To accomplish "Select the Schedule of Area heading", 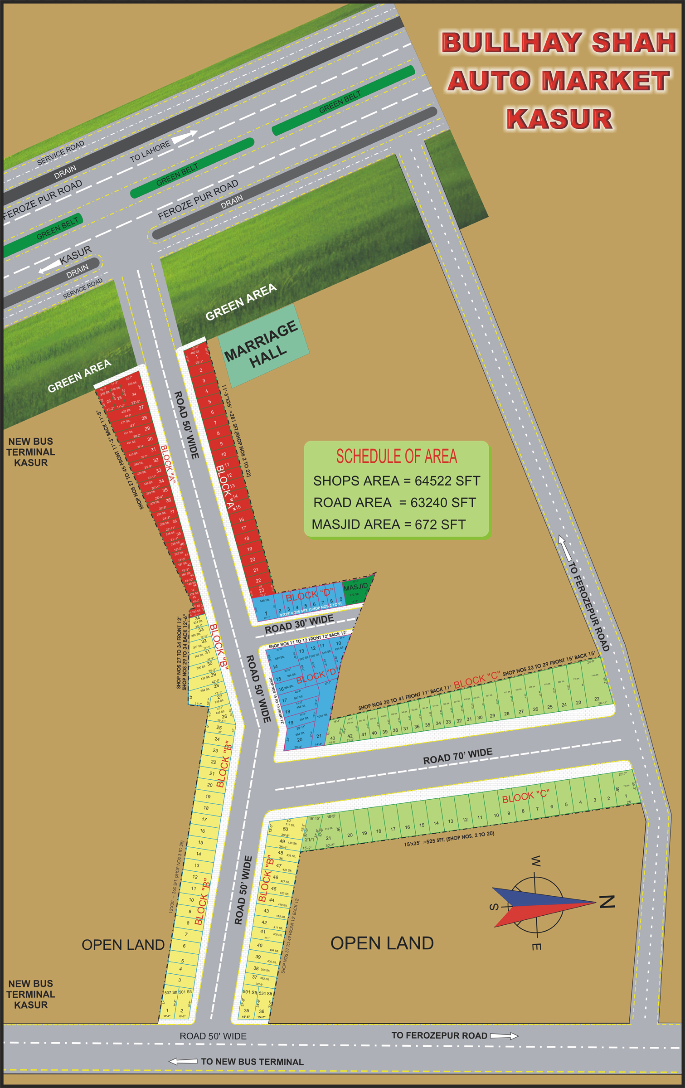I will (x=396, y=457).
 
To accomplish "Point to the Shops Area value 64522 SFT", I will (x=447, y=481).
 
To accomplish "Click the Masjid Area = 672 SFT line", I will (x=389, y=525).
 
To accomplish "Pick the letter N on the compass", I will (x=607, y=902).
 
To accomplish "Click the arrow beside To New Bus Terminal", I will (x=183, y=1062).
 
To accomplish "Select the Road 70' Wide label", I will (x=457, y=756).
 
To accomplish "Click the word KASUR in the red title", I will (x=559, y=119).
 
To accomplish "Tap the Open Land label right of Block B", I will (x=382, y=943).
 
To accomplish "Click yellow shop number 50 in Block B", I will (x=285, y=829).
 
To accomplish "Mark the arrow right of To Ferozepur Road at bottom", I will (x=504, y=1036).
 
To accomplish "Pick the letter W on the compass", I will (x=535, y=861).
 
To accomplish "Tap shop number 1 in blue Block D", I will (x=266, y=613).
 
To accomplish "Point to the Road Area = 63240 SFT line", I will (x=394, y=503).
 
